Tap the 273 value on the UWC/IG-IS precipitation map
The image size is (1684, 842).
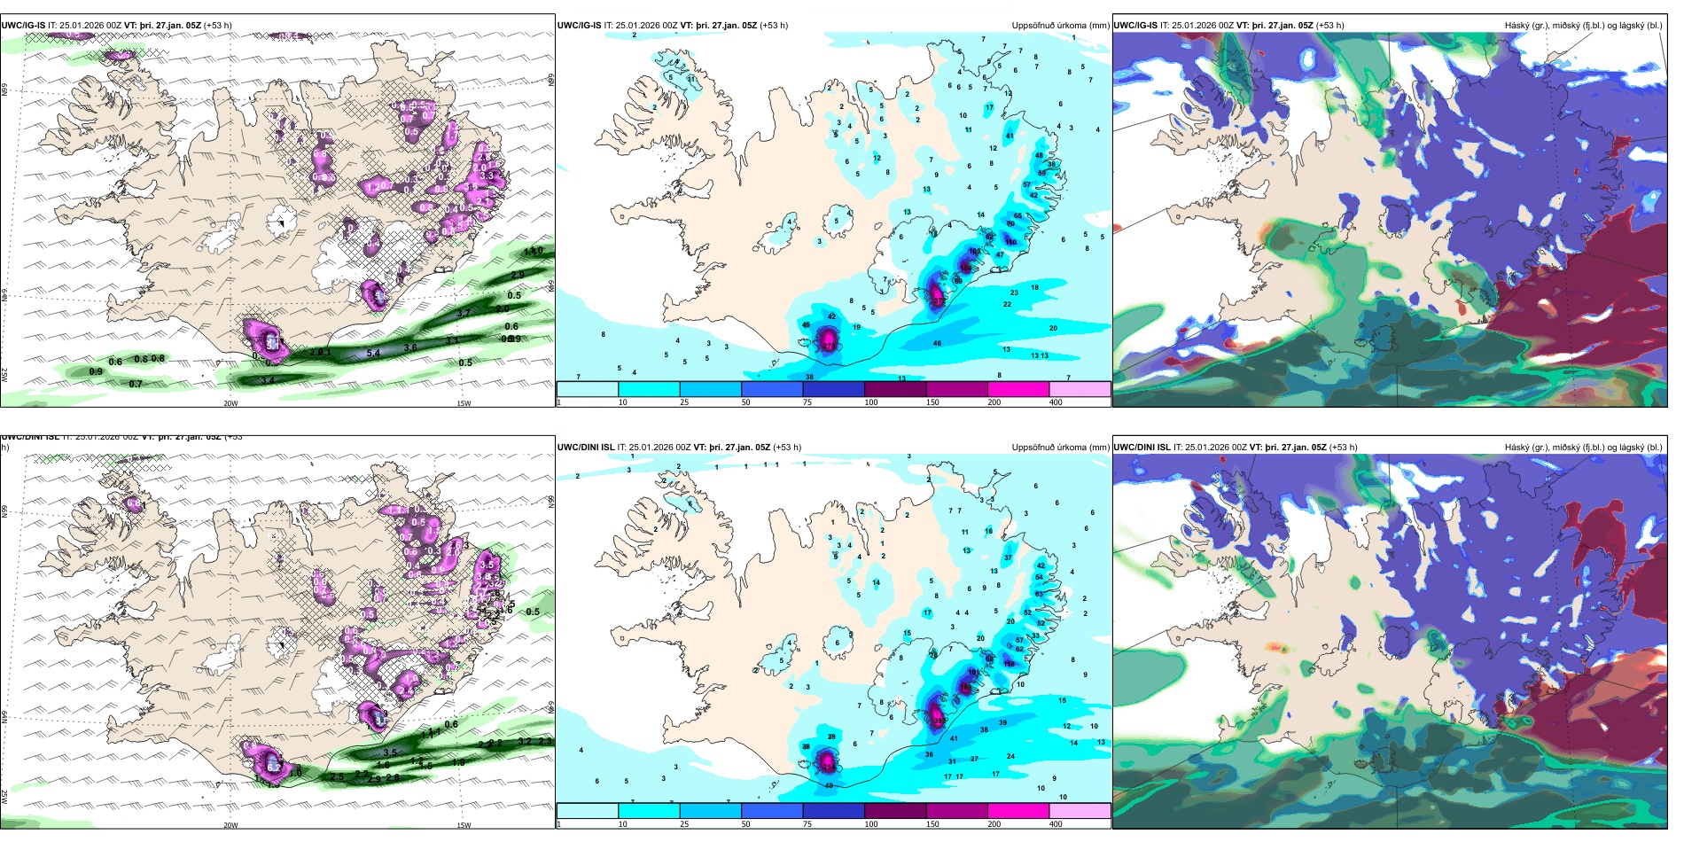tap(938, 301)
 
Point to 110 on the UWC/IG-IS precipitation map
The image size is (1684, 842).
tap(1010, 241)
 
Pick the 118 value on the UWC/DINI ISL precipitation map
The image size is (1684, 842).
tap(1009, 664)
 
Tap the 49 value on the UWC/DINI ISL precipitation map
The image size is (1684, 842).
tap(830, 785)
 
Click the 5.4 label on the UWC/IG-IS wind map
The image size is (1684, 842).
tap(373, 353)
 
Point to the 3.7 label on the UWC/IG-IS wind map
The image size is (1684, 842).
tap(464, 314)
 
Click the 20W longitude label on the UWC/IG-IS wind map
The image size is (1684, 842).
tap(230, 403)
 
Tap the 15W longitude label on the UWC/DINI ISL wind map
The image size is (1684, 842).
tap(464, 825)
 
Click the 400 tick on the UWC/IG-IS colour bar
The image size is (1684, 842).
tap(1056, 402)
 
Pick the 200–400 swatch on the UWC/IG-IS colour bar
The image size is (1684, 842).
tap(1080, 388)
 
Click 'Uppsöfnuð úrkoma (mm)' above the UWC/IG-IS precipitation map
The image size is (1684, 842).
tap(1060, 26)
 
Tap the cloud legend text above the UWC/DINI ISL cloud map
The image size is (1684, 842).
tap(1583, 448)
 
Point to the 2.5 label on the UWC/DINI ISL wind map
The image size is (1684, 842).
tap(337, 777)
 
